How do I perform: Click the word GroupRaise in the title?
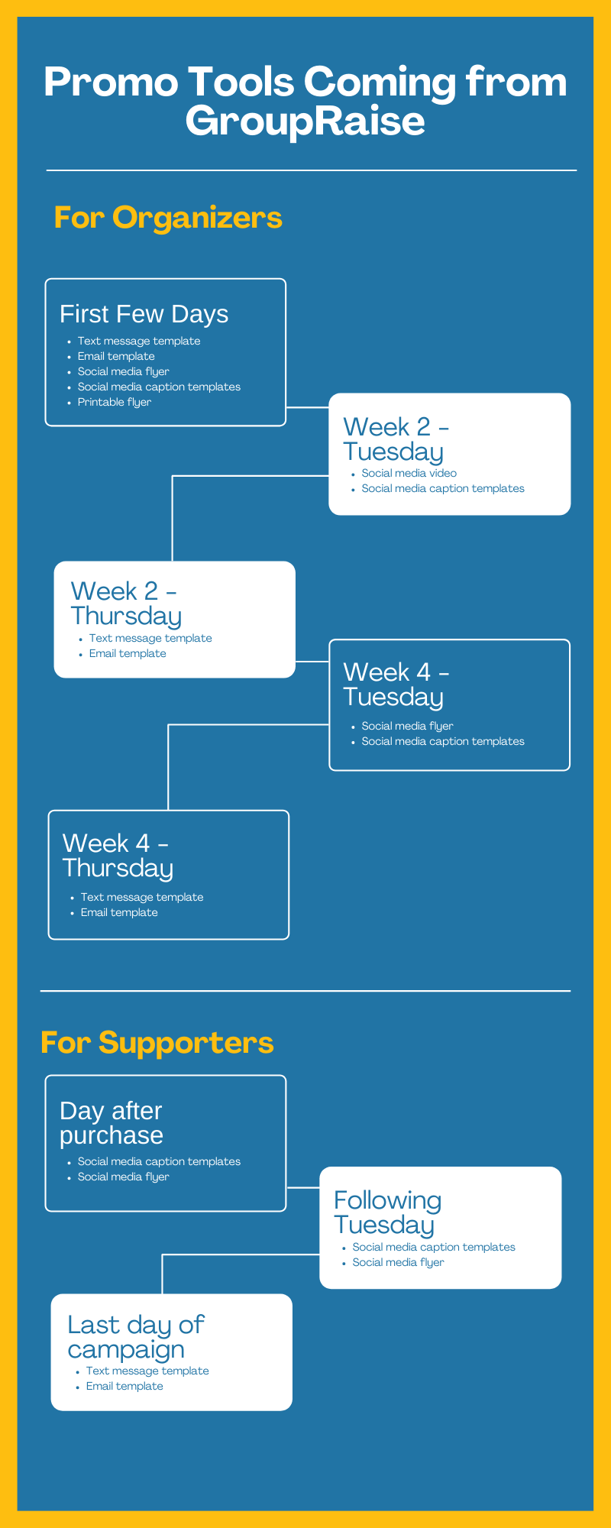pyautogui.click(x=305, y=121)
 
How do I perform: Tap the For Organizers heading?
pyautogui.click(x=168, y=218)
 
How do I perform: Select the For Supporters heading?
pyautogui.click(x=157, y=1043)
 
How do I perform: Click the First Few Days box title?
pyautogui.click(x=144, y=314)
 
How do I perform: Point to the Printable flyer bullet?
pyautogui.click(x=114, y=403)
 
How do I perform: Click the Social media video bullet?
pyautogui.click(x=409, y=474)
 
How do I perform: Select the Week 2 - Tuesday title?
pyautogui.click(x=395, y=439)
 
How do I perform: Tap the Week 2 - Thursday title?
pyautogui.click(x=125, y=604)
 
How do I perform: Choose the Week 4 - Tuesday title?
pyautogui.click(x=395, y=685)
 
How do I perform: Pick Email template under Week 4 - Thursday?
pyautogui.click(x=119, y=913)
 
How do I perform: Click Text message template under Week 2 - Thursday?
pyautogui.click(x=150, y=639)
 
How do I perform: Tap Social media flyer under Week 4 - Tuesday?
pyautogui.click(x=407, y=727)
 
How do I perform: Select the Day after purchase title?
pyautogui.click(x=112, y=1123)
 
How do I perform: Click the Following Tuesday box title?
pyautogui.click(x=386, y=1212)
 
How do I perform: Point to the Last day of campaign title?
pyautogui.click(x=135, y=1337)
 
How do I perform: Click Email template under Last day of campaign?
pyautogui.click(x=124, y=1387)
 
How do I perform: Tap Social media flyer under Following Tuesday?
pyautogui.click(x=398, y=1263)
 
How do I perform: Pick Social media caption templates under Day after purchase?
pyautogui.click(x=159, y=1162)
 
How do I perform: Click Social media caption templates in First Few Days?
pyautogui.click(x=159, y=387)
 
